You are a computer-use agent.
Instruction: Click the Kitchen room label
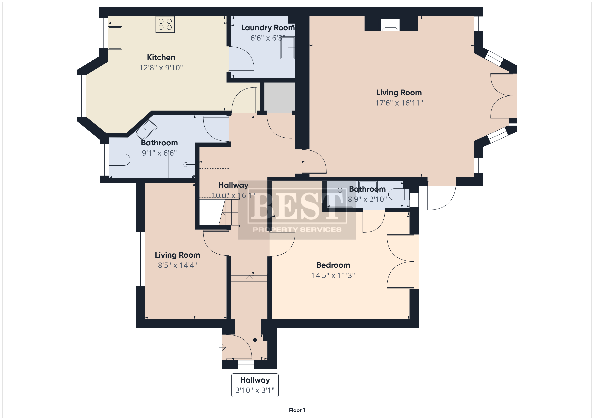pos(161,57)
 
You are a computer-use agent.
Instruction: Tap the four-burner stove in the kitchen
pos(165,24)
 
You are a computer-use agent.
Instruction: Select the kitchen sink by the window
pos(115,38)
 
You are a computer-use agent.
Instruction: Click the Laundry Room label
pos(268,28)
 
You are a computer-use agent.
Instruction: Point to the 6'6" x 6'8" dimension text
pos(268,38)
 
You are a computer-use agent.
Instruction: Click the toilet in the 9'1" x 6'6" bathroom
pos(120,160)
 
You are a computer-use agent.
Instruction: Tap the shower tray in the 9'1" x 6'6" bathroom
pos(181,164)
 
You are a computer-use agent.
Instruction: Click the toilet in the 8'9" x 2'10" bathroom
pos(399,195)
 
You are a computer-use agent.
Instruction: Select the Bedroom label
pos(333,265)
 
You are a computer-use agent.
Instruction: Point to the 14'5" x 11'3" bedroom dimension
pos(333,275)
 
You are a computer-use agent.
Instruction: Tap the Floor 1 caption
pos(297,410)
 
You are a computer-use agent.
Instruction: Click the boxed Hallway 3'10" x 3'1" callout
pos(255,385)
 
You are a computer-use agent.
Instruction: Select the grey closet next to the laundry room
pos(279,97)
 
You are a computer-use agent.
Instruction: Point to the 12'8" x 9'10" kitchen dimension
pos(161,68)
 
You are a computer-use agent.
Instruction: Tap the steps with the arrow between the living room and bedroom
pos(249,282)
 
